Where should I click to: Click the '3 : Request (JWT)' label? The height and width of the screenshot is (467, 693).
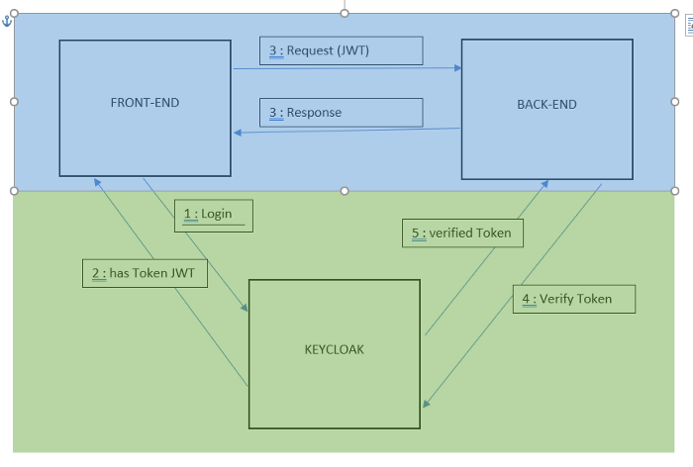[x=341, y=50]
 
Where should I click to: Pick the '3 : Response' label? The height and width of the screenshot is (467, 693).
[x=341, y=113]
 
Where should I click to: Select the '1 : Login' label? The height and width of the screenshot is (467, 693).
[x=213, y=215]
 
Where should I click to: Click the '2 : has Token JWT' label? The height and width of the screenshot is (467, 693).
[x=145, y=273]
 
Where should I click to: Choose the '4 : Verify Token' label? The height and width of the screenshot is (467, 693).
[x=573, y=299]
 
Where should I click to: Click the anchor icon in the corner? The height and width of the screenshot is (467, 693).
[x=6, y=21]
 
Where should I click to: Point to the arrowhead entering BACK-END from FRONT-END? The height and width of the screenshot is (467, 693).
[x=458, y=68]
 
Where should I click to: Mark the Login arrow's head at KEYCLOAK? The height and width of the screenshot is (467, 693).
[x=245, y=308]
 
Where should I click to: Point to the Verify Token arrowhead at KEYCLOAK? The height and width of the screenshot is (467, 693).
[x=426, y=403]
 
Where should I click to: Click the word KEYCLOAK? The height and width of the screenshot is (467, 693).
[x=334, y=349]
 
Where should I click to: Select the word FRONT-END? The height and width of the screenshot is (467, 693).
[x=145, y=103]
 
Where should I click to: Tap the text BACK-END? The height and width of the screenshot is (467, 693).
[x=546, y=104]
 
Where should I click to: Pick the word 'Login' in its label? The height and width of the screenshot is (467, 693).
[x=217, y=215]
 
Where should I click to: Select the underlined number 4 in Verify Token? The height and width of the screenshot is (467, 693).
[x=525, y=299]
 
